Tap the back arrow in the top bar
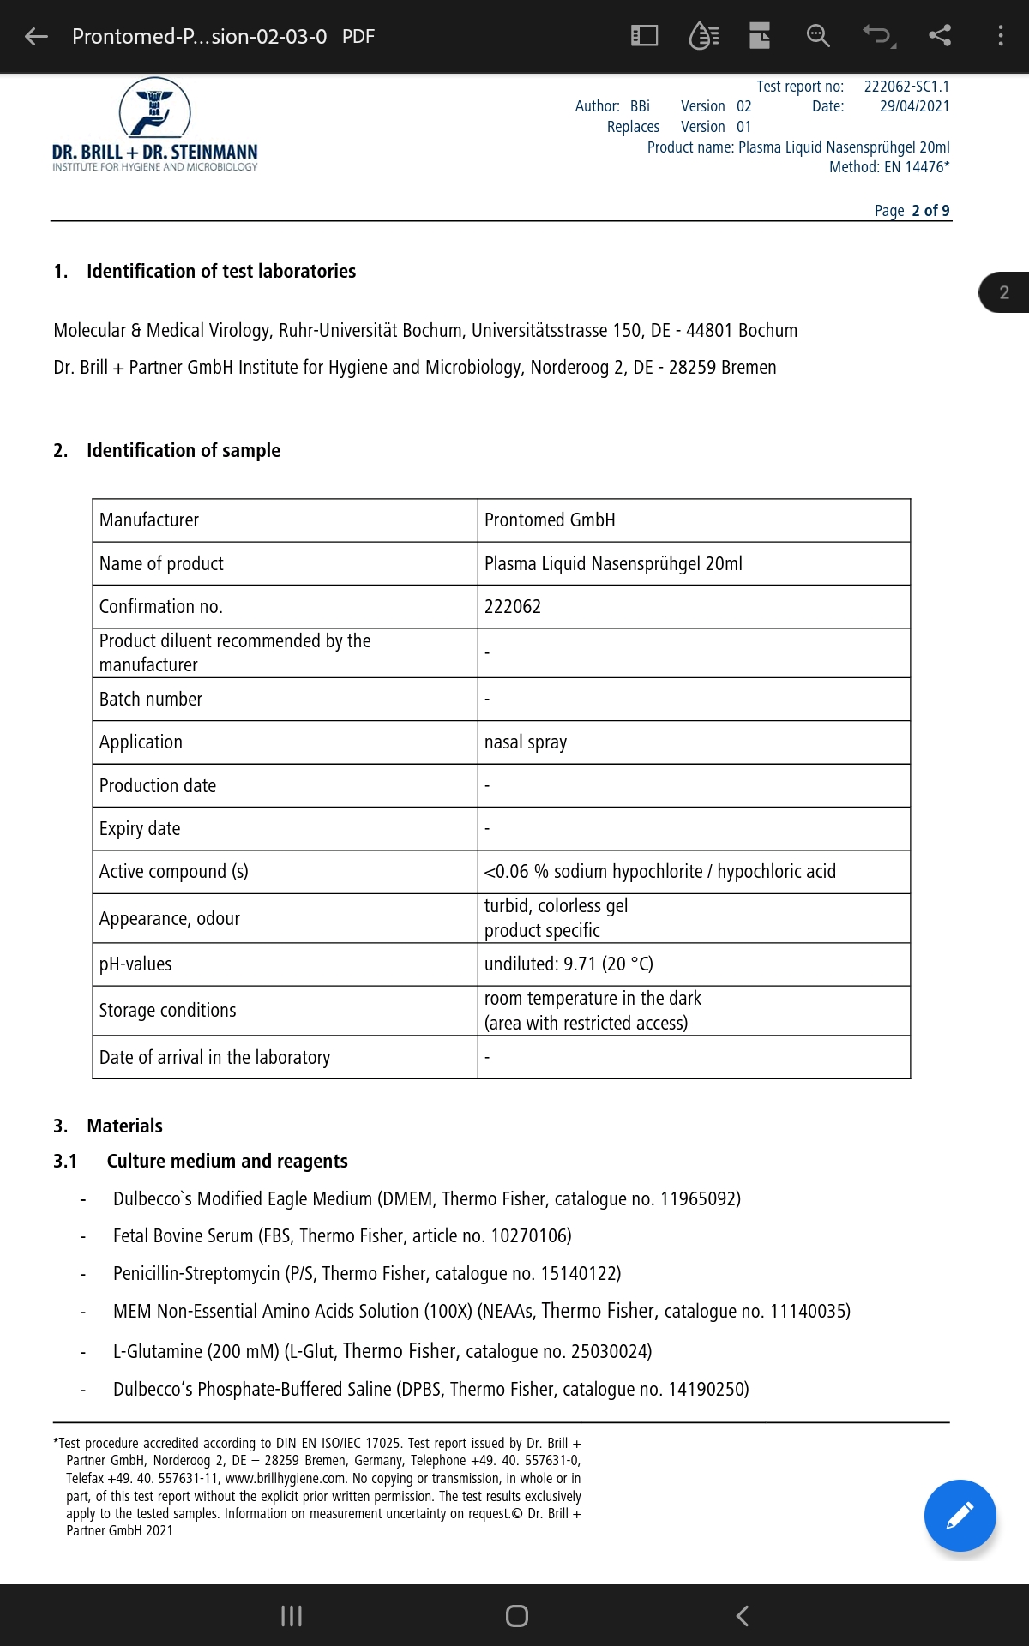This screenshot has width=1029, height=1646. pos(36,36)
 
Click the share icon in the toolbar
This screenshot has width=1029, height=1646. pos(940,35)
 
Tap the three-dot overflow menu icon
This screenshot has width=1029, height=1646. pos(1000,35)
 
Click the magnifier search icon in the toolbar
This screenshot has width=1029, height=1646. pos(818,35)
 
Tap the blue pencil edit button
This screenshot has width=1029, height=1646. pos(960,1515)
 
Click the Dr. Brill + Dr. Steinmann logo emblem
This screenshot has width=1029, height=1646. pos(155,108)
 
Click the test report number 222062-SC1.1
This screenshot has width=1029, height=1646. pos(906,87)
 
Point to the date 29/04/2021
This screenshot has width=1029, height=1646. pos(914,106)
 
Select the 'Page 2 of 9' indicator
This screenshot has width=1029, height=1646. pos(912,211)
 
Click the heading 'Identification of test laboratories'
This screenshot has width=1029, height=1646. pos(220,272)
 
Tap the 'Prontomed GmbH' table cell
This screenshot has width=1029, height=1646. pos(550,520)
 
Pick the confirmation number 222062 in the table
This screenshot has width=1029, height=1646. pos(513,607)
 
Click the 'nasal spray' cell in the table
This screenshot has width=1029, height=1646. pos(526,742)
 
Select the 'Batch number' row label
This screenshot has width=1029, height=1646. pos(151,700)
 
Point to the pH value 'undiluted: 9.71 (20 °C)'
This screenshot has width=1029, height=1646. pos(569,964)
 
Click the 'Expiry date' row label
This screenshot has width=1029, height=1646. pos(140,829)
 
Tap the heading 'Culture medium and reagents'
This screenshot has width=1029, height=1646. pos(227,1162)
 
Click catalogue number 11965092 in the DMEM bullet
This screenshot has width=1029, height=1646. pos(699,1199)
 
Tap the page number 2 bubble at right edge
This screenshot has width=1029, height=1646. pos(1004,292)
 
